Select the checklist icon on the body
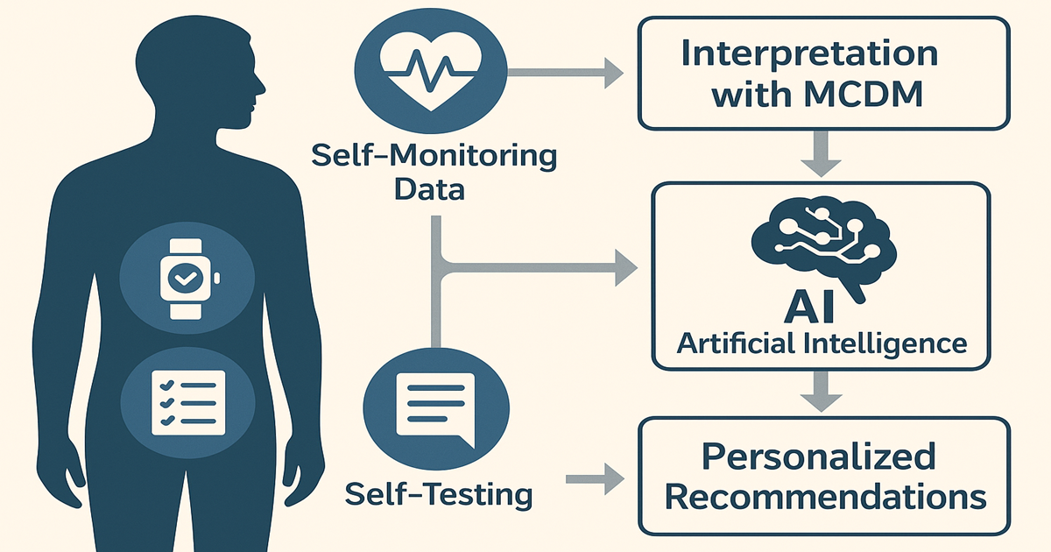pos(187,402)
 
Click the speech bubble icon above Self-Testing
pos(433,408)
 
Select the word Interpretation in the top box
pos(809,54)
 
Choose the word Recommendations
pos(825,497)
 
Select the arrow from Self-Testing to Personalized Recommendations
pos(596,479)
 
